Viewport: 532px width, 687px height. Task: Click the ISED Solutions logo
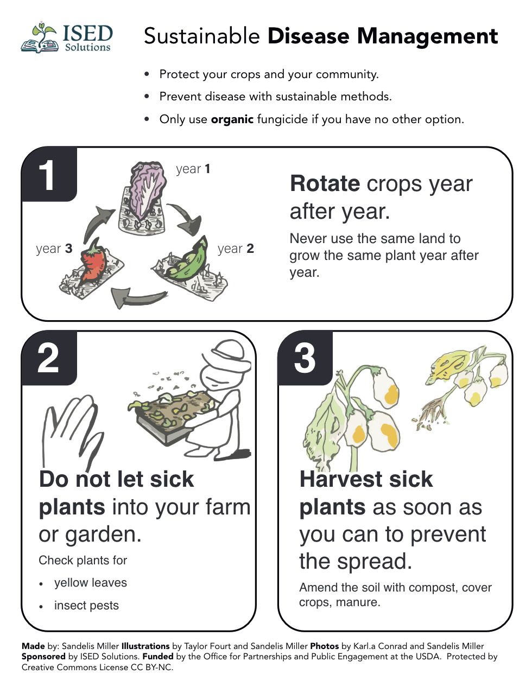click(x=67, y=37)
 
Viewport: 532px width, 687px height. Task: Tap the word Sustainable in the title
click(x=202, y=36)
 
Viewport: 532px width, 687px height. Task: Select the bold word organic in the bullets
click(x=232, y=119)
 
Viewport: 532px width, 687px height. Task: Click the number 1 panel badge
click(x=49, y=174)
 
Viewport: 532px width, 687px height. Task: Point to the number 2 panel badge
click(x=49, y=358)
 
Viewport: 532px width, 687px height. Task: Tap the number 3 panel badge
click(x=305, y=358)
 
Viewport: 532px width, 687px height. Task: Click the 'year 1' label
click(x=193, y=169)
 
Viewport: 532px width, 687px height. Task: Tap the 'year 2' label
click(x=236, y=249)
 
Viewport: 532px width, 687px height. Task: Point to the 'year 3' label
click(x=54, y=249)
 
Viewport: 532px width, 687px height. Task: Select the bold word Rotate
click(x=325, y=183)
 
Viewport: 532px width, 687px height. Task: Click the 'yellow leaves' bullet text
click(x=91, y=583)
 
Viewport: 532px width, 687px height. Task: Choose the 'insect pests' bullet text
click(x=86, y=606)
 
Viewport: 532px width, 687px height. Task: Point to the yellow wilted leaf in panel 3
click(x=450, y=364)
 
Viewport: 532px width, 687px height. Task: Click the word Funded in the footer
click(x=158, y=657)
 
